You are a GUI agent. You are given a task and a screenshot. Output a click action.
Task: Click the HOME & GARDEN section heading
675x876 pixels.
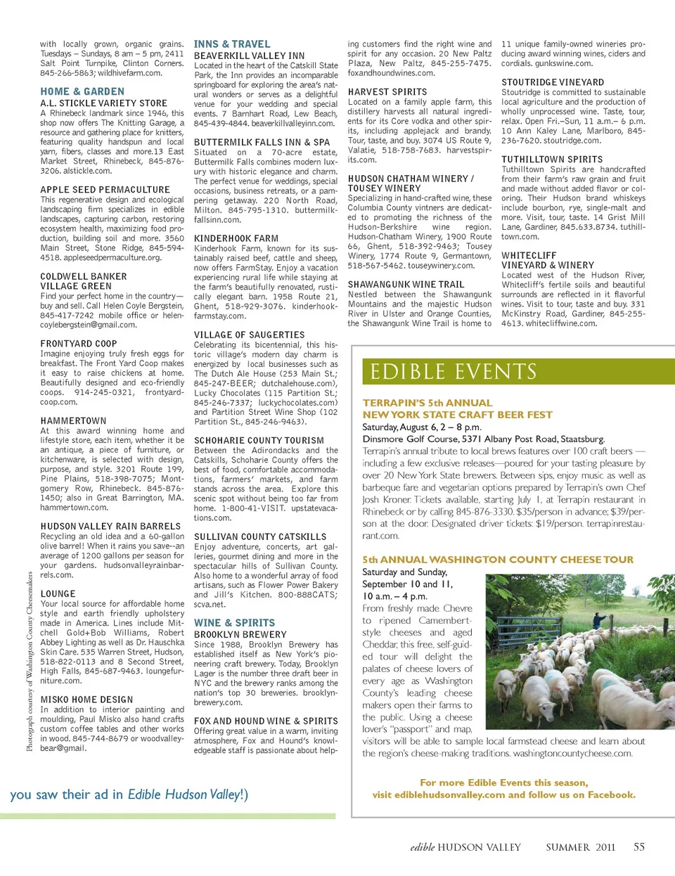82,91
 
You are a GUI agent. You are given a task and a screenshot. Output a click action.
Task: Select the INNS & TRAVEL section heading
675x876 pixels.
232,44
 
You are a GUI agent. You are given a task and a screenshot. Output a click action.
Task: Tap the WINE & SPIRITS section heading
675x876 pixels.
234,623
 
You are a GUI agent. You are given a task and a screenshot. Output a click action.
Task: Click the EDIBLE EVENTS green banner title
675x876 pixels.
454,372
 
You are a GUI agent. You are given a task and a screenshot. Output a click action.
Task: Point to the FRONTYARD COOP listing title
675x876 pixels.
79,344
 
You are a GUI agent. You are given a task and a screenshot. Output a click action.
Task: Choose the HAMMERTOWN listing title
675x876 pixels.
73,420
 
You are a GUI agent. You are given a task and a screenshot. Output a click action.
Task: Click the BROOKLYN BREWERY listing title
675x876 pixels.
240,634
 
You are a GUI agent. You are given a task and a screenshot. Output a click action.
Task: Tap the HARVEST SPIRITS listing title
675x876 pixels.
387,92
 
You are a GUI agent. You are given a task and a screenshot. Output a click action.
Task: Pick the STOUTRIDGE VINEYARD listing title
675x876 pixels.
553,82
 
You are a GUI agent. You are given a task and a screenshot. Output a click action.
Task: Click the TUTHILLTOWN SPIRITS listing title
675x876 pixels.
552,160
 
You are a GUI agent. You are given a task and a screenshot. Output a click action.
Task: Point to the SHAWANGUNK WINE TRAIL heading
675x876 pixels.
406,285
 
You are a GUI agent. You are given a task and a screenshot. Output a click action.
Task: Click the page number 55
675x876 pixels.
638,847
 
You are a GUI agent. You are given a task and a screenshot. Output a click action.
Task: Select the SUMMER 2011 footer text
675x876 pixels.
580,847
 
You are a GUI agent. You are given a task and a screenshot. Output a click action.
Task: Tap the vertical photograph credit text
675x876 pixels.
30,661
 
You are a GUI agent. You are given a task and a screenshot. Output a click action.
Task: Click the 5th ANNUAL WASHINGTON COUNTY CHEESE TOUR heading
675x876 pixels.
498,560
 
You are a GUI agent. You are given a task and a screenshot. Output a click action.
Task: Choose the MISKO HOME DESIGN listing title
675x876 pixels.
86,700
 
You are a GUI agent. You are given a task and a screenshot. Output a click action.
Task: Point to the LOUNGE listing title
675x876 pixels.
58,593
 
